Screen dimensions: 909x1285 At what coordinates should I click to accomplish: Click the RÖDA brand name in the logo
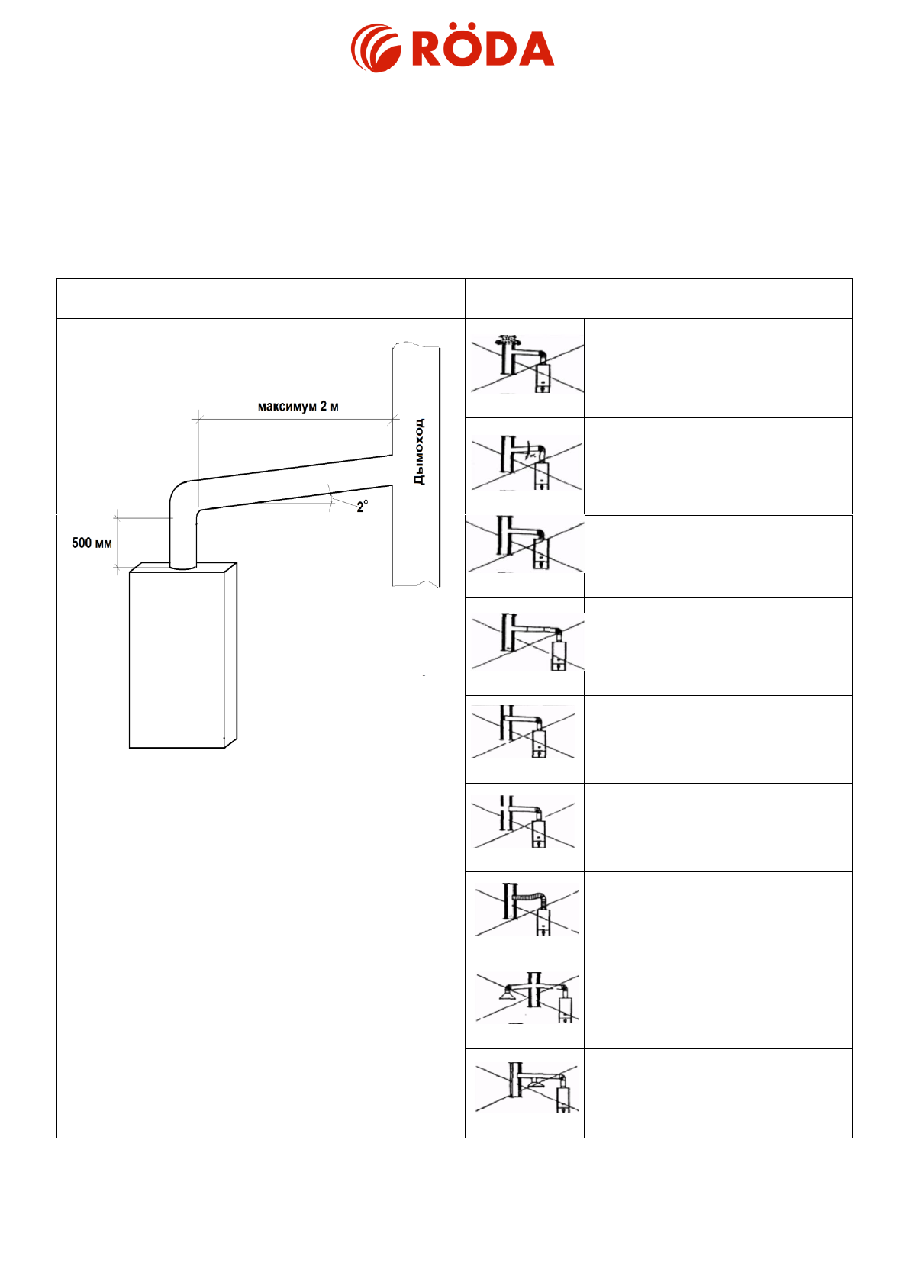coord(482,49)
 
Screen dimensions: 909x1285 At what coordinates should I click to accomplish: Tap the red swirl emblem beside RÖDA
coord(376,49)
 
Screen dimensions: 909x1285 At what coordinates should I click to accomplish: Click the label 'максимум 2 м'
coord(298,407)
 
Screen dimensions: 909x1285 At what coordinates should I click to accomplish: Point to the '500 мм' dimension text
coord(92,543)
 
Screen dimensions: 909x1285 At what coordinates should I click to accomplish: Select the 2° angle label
coord(362,506)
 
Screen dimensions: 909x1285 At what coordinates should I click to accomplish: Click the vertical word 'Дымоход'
coord(418,452)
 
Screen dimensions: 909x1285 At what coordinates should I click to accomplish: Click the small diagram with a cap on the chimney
coord(525,367)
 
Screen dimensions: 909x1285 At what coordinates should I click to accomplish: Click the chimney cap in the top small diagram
coord(506,338)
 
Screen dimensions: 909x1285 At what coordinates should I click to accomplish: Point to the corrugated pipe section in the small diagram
coord(527,897)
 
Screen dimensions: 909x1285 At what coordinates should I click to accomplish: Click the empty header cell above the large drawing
coord(260,298)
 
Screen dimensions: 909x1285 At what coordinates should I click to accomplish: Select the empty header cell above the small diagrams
coord(658,298)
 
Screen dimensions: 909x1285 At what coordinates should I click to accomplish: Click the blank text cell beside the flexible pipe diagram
coord(717,916)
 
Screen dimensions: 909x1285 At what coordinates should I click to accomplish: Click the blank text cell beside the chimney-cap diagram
coord(717,368)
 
